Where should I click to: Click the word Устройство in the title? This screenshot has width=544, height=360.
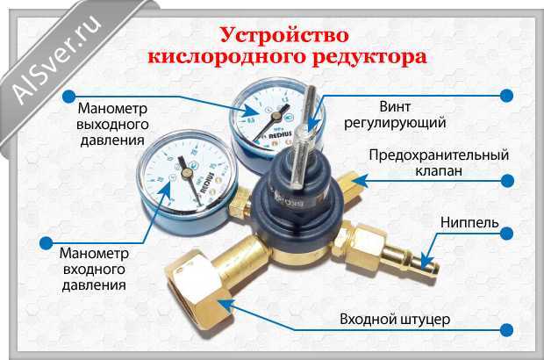(x=282, y=37)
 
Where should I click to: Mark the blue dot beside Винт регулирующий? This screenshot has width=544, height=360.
(x=508, y=92)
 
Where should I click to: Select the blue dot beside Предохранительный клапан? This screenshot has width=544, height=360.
(x=508, y=181)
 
